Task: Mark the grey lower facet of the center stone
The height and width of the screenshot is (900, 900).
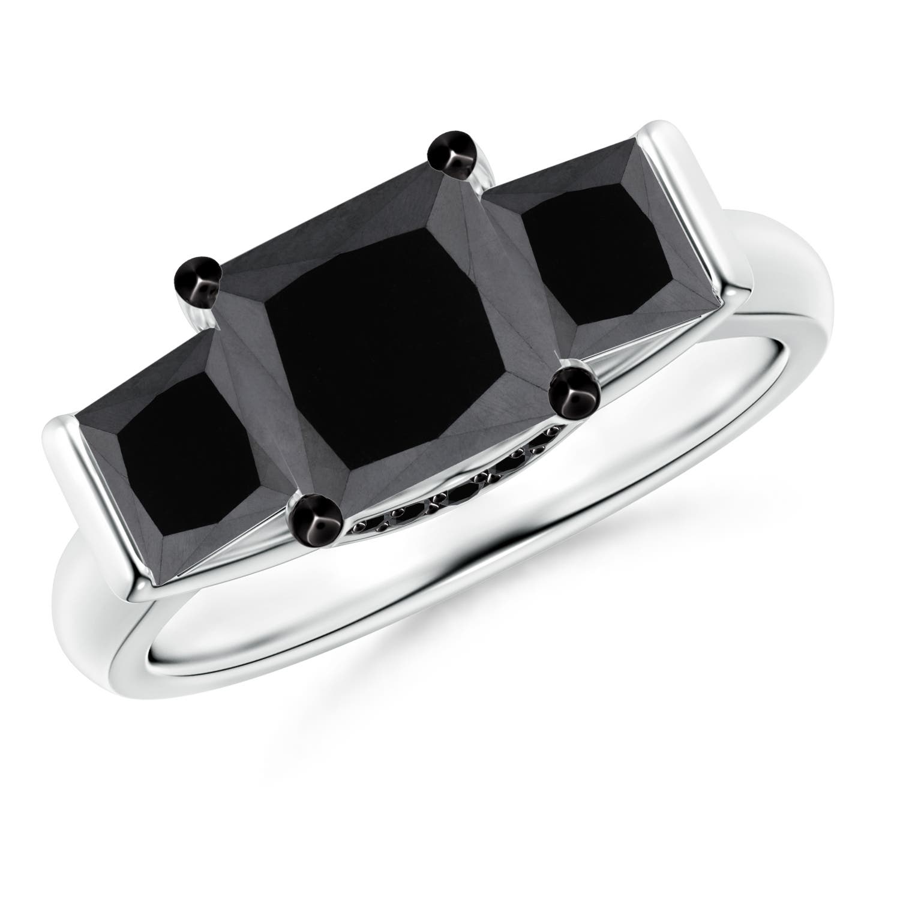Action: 432,468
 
